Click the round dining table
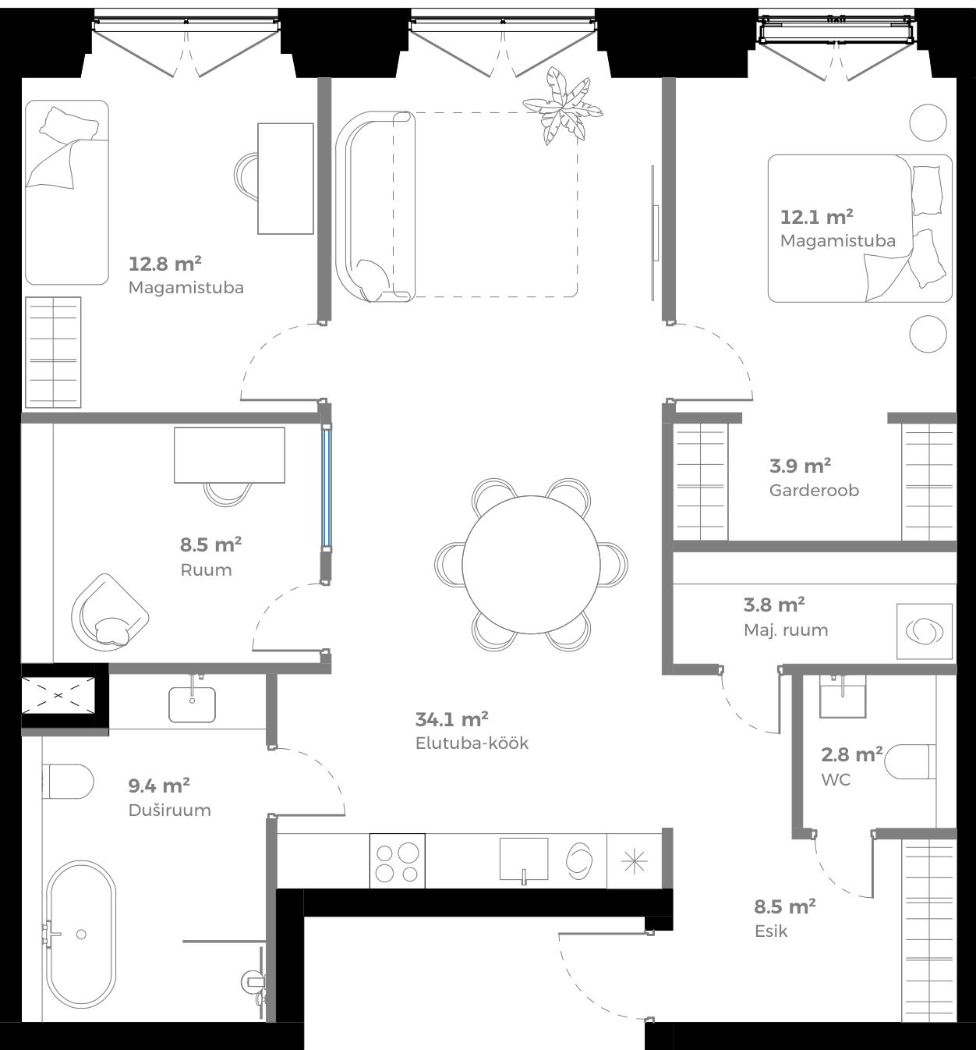tap(531, 564)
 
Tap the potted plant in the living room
tap(563, 108)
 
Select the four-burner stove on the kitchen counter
tap(398, 860)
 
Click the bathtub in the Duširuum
tap(81, 934)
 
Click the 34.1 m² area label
tap(452, 718)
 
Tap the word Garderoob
tap(814, 491)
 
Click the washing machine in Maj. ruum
tap(925, 630)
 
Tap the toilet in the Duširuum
tap(68, 781)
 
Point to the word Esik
tap(771, 931)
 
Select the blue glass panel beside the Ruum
tap(327, 488)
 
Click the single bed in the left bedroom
tap(66, 192)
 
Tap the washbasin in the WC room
tap(843, 696)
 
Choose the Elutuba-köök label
tap(472, 743)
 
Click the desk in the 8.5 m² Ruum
tap(229, 455)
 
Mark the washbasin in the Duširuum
tap(193, 704)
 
